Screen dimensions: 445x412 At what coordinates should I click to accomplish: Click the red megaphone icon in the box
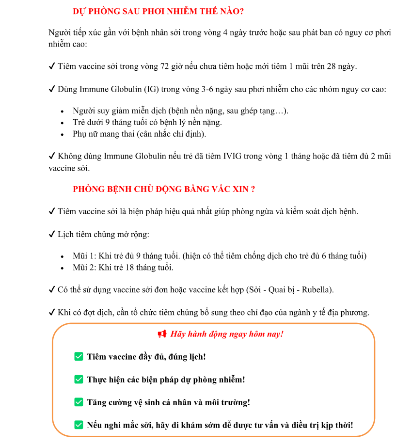pyautogui.click(x=162, y=334)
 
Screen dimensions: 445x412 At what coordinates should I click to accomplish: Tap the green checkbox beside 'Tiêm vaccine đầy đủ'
pyautogui.click(x=79, y=357)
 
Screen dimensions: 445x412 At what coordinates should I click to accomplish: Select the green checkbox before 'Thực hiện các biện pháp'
pyautogui.click(x=79, y=380)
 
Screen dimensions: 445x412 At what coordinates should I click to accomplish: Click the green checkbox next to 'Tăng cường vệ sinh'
pyautogui.click(x=79, y=402)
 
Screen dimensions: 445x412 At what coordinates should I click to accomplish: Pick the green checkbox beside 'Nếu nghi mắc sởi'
pyautogui.click(x=79, y=425)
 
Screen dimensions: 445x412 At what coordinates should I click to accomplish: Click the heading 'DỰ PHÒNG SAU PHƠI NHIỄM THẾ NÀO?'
pyautogui.click(x=162, y=11)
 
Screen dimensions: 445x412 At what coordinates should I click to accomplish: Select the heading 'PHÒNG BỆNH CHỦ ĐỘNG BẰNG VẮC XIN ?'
pyautogui.click(x=164, y=189)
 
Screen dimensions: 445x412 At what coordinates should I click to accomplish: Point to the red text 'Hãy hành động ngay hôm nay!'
pyautogui.click(x=227, y=334)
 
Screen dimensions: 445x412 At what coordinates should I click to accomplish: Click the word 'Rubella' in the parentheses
pyautogui.click(x=317, y=290)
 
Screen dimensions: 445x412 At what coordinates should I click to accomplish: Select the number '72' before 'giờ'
pyautogui.click(x=166, y=66)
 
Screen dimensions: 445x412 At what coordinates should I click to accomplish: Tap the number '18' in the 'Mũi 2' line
pyautogui.click(x=127, y=268)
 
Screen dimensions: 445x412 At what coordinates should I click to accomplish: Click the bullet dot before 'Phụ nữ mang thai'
pyautogui.click(x=62, y=134)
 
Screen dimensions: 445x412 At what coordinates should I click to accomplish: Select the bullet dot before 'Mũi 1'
pyautogui.click(x=62, y=256)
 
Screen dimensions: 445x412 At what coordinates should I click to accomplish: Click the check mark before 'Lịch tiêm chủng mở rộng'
pyautogui.click(x=51, y=235)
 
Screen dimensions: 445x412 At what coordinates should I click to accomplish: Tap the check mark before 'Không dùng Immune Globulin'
pyautogui.click(x=51, y=157)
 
